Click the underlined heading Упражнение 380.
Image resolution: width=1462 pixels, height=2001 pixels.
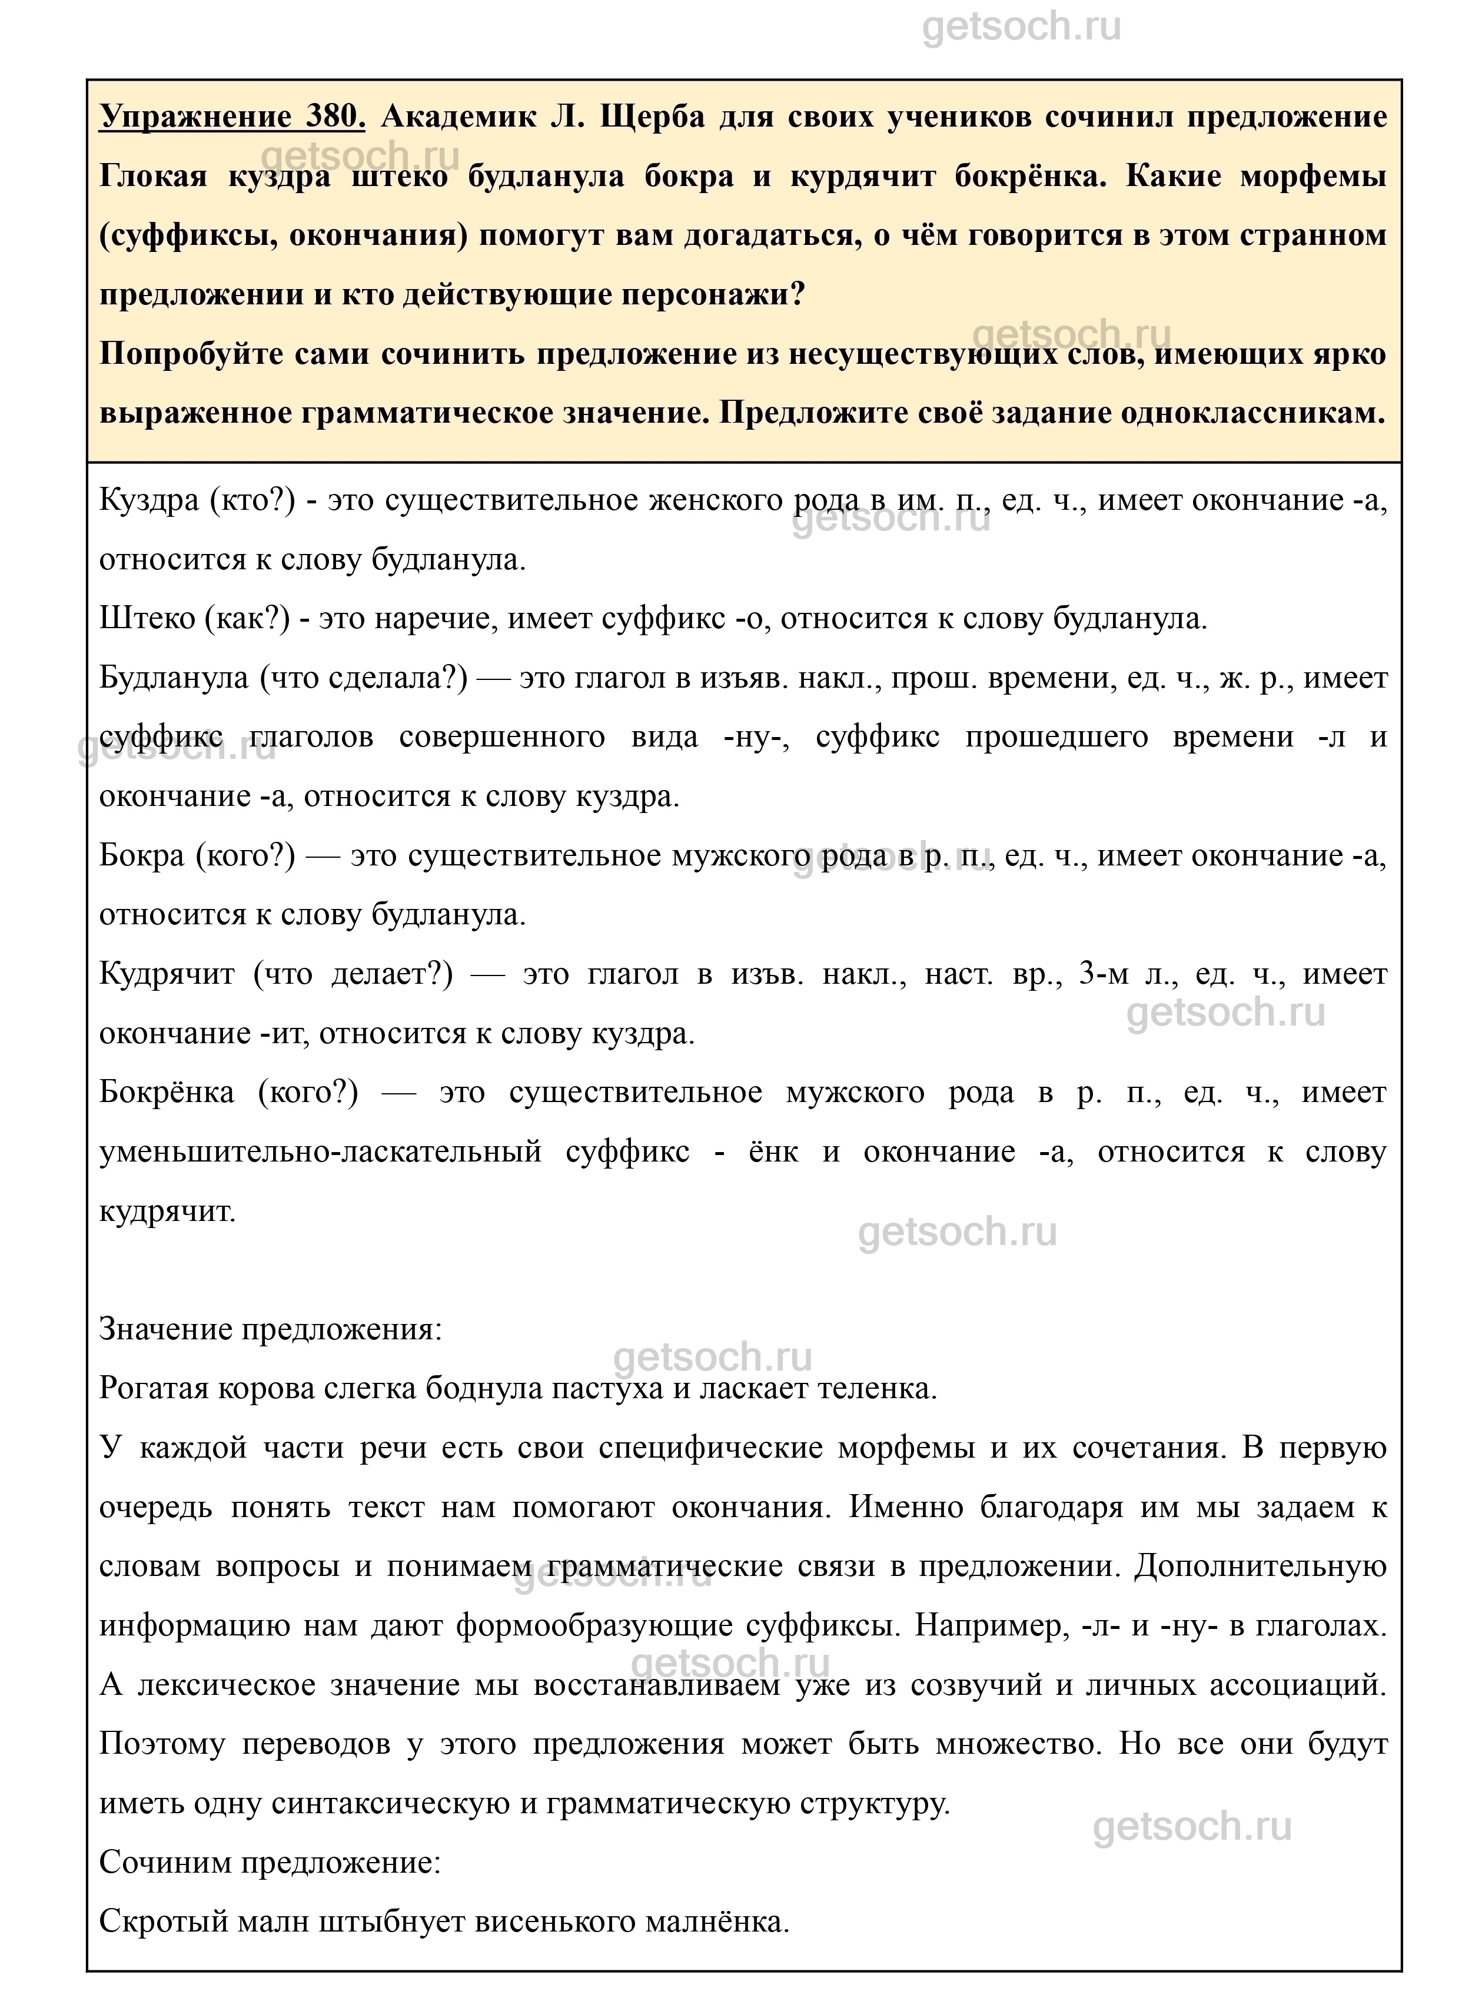(232, 116)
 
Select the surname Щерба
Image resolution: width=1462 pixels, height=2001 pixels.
(653, 116)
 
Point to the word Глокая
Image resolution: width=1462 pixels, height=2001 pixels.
(152, 175)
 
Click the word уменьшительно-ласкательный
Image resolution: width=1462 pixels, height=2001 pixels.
(320, 1152)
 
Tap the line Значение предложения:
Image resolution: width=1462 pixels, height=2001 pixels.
(270, 1329)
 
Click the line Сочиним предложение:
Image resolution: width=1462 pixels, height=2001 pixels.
(270, 1863)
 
